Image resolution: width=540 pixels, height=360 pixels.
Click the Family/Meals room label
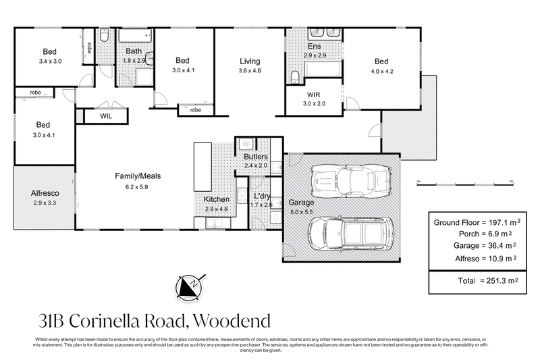pos(137,176)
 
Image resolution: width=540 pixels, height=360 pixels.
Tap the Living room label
pos(250,61)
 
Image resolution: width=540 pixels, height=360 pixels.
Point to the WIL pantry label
pos(106,116)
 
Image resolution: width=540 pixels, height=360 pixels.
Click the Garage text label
pos(301,202)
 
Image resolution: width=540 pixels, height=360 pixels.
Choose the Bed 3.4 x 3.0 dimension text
pos(51,60)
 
